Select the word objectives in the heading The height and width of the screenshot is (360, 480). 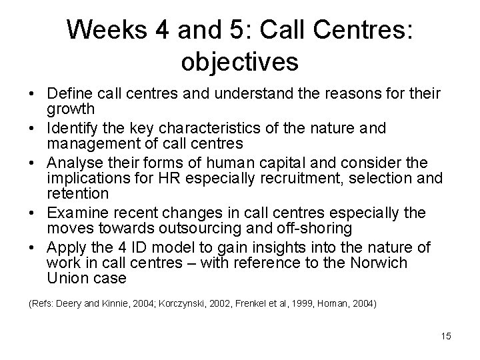pyautogui.click(x=239, y=62)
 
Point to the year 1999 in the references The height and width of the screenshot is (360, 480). pyautogui.click(x=299, y=304)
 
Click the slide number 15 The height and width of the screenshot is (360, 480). pyautogui.click(x=446, y=336)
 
